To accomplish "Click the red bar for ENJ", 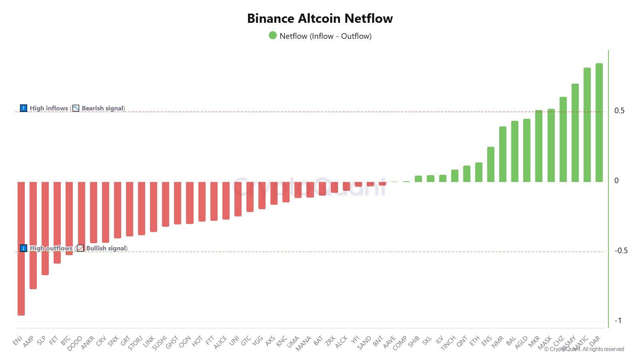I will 21,248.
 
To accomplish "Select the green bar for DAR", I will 599,122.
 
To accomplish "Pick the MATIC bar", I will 587,125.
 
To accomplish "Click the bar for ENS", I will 490,164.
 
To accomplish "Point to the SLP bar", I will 45,228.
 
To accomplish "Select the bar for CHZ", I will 563,139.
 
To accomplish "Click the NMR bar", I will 502,154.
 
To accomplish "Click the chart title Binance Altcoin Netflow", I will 320,18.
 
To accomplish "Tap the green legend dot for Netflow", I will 273,36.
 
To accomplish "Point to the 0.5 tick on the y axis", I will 619,111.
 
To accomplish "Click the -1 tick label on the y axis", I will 618,320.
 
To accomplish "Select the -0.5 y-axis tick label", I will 621,251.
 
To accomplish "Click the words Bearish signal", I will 103,108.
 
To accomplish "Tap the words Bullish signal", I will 106,248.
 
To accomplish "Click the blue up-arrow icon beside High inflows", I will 24,108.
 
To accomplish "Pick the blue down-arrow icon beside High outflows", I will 24,248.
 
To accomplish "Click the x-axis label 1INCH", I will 448,343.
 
